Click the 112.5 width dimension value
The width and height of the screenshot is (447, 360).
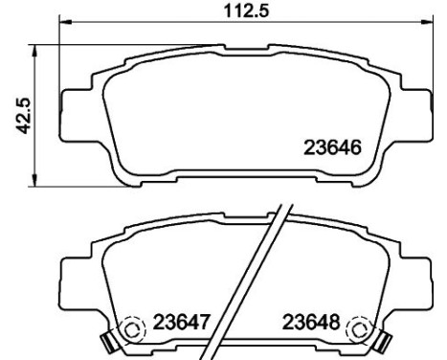(x=247, y=11)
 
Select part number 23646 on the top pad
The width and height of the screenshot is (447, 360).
(x=332, y=147)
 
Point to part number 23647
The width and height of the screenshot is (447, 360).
(x=182, y=322)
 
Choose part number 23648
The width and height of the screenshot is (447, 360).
(x=311, y=322)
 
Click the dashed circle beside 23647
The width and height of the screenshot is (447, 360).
(x=133, y=329)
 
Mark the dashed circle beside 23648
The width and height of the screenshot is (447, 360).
(x=360, y=329)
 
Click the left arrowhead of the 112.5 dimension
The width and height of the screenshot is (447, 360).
(x=66, y=22)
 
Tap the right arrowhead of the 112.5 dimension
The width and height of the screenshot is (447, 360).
(x=428, y=22)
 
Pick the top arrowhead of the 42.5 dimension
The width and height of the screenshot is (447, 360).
(x=34, y=51)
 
